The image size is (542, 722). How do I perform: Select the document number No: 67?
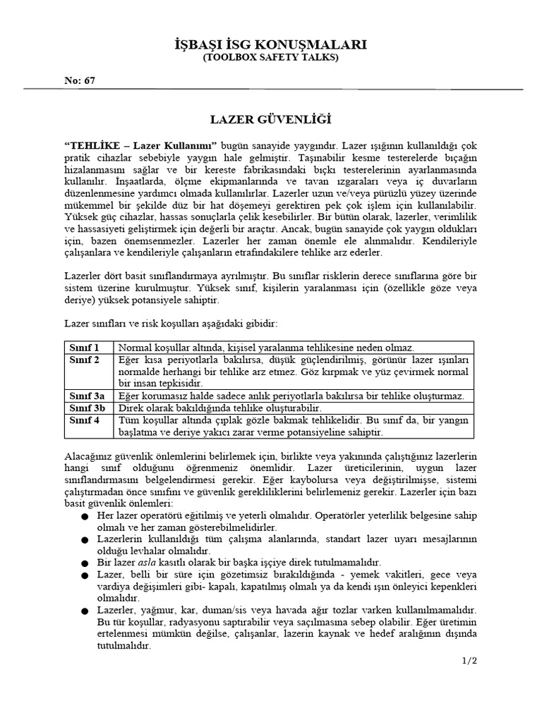pos(80,80)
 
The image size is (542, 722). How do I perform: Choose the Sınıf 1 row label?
pos(84,348)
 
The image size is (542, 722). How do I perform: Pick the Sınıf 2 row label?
pos(84,360)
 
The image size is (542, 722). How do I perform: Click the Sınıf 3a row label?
pos(87,396)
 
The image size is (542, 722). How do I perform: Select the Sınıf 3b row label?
pos(87,408)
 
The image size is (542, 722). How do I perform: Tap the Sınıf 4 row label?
pos(84,420)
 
